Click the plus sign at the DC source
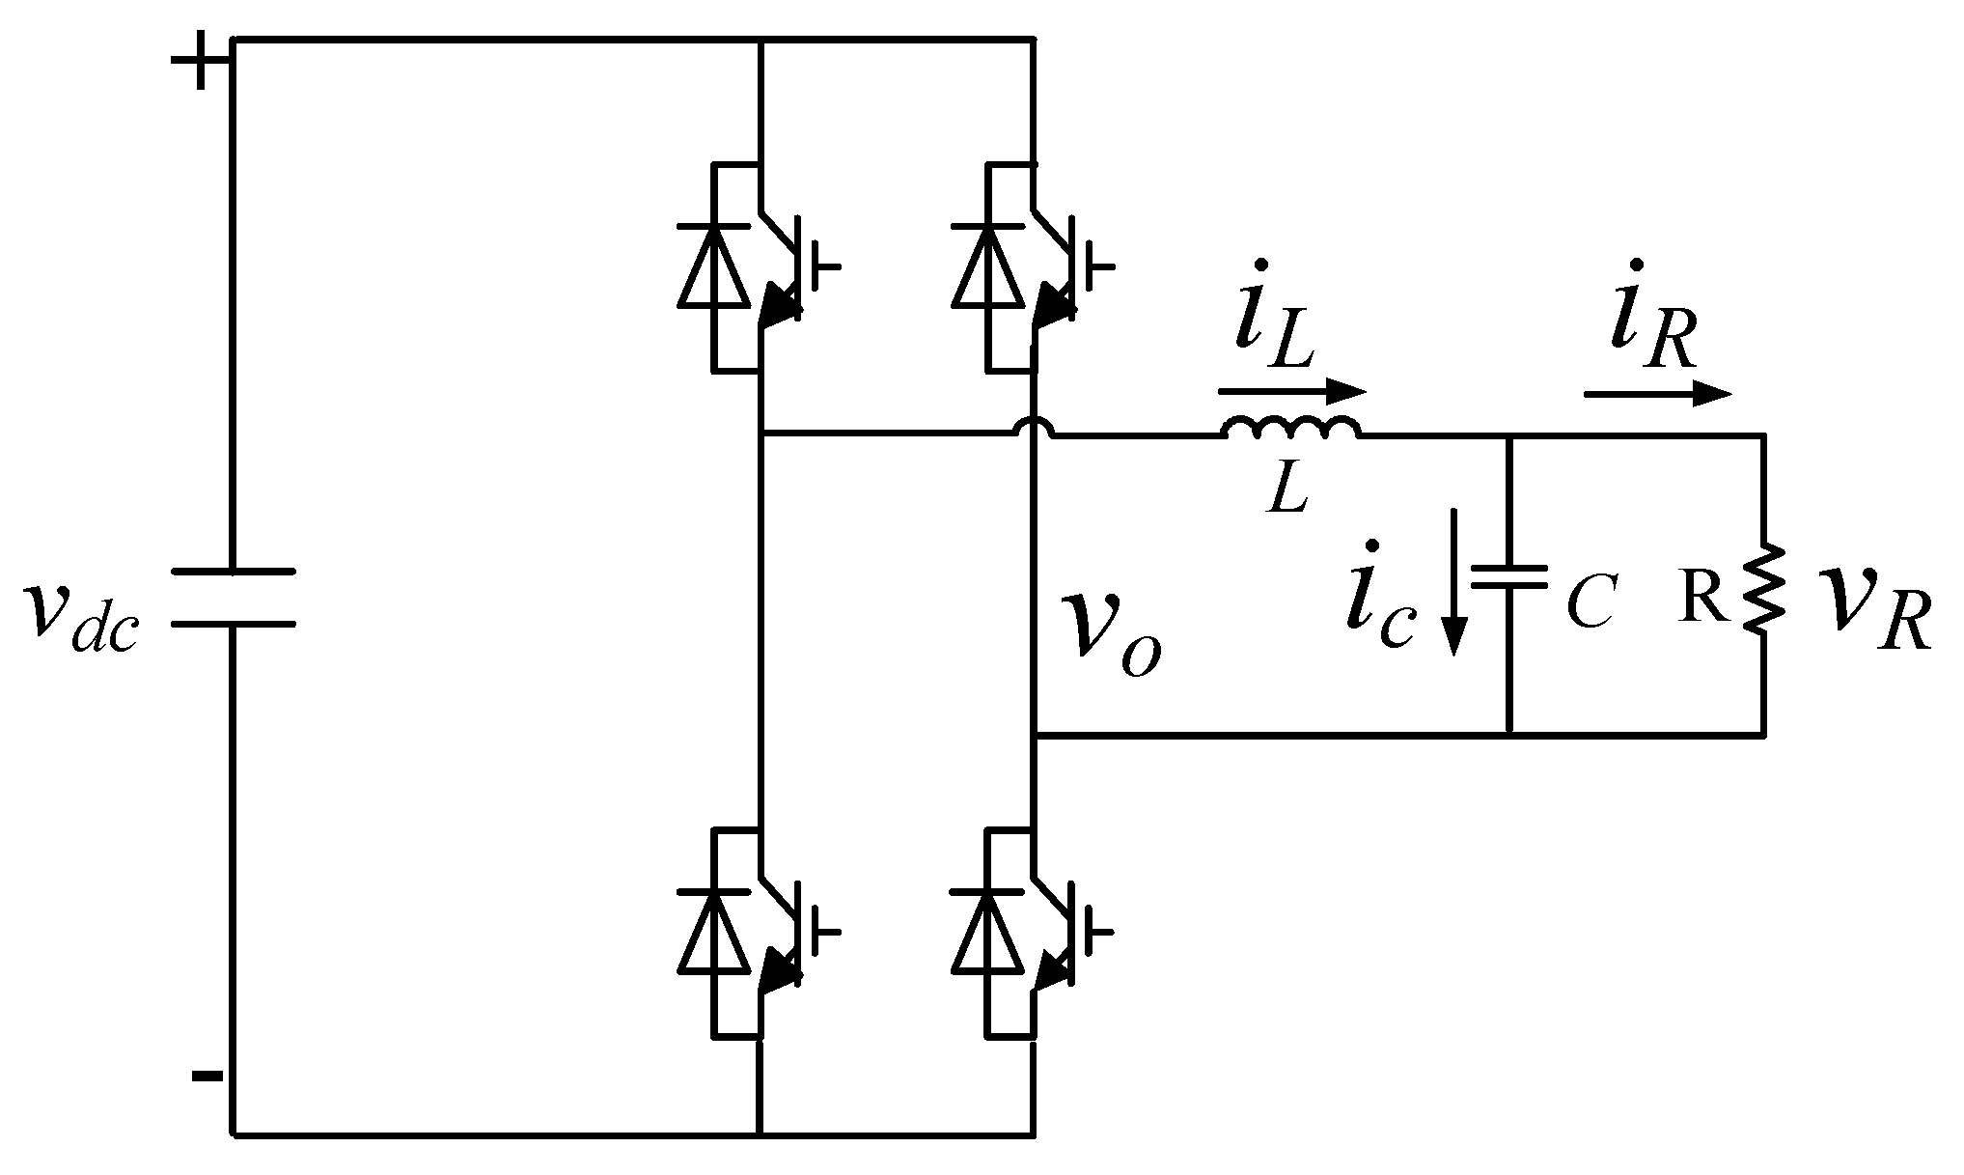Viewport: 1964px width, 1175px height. pyautogui.click(x=201, y=61)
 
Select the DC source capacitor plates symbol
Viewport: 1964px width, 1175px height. pyautogui.click(x=234, y=598)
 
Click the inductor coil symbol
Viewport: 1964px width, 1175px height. pyautogui.click(x=1292, y=430)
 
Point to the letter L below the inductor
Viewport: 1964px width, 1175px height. pyautogui.click(x=1289, y=490)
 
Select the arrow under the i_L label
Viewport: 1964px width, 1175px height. pyautogui.click(x=1292, y=391)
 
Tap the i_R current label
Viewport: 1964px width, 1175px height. pyautogui.click(x=1652, y=319)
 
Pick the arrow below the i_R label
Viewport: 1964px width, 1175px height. pyautogui.click(x=1658, y=393)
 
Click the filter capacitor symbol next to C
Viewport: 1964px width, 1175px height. pyautogui.click(x=1509, y=577)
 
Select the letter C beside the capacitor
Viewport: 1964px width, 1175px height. pyautogui.click(x=1590, y=603)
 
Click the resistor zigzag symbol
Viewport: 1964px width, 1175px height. pyautogui.click(x=1764, y=590)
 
